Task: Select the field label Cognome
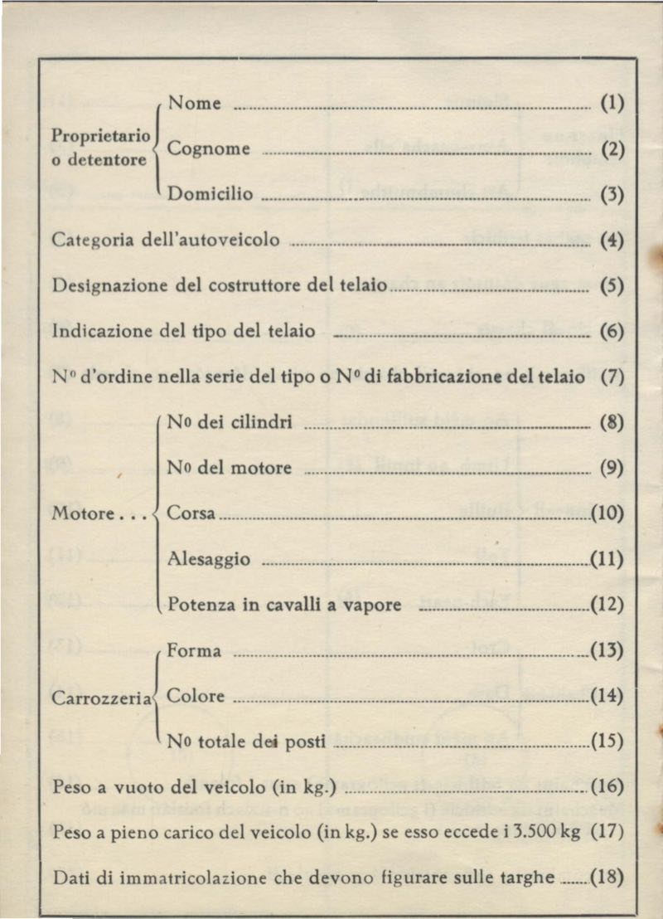coord(209,148)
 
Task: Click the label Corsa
coord(191,513)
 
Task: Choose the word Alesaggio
coord(209,559)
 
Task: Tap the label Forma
coord(194,651)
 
